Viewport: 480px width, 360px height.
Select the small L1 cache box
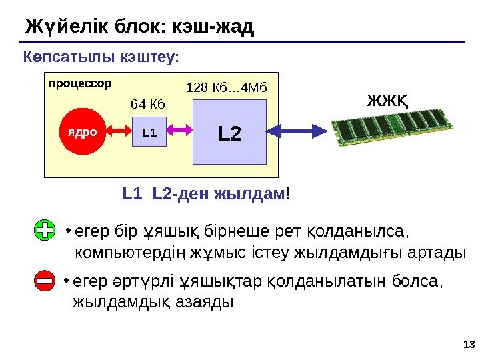coord(149,132)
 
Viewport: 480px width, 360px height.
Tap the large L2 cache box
coord(229,132)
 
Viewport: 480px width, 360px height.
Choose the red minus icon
coord(44,283)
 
